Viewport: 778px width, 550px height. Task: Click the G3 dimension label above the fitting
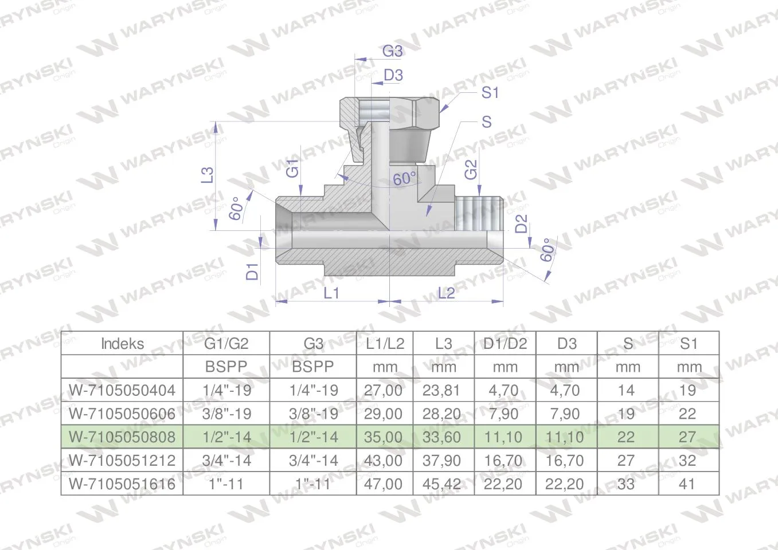(x=393, y=52)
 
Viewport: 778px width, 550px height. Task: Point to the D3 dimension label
(x=393, y=75)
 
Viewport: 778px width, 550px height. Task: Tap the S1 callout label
(x=490, y=93)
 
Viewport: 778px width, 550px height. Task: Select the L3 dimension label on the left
(x=208, y=175)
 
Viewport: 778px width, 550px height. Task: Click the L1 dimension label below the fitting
(x=331, y=293)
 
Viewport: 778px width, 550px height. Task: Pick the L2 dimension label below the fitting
(x=446, y=293)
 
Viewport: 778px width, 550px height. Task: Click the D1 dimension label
(x=252, y=272)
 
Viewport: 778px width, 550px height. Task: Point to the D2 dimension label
(x=521, y=224)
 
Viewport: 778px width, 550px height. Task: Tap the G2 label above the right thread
(x=471, y=170)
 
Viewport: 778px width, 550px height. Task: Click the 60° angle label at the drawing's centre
(x=405, y=179)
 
